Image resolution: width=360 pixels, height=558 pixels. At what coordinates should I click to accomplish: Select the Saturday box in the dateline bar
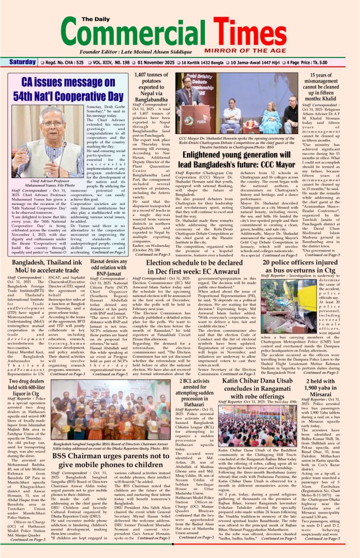coord(23,62)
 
